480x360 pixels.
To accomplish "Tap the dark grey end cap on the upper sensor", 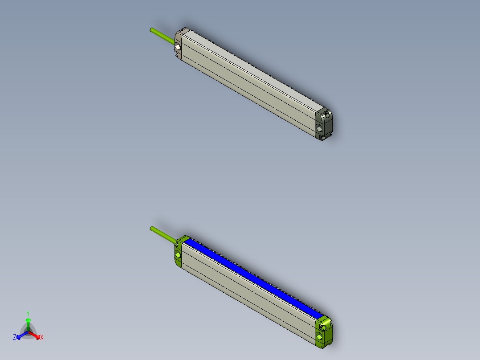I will (x=324, y=125).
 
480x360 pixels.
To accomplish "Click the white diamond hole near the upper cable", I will (x=178, y=47).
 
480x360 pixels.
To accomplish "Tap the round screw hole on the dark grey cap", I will (x=328, y=115).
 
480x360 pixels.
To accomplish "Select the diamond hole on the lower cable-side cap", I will (x=178, y=255).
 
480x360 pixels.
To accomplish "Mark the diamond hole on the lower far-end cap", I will (x=320, y=334).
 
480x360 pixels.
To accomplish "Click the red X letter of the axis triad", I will (x=42, y=338).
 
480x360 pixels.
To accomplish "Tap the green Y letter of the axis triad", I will (x=28, y=313).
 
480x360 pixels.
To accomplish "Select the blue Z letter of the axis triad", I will (x=15, y=338).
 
